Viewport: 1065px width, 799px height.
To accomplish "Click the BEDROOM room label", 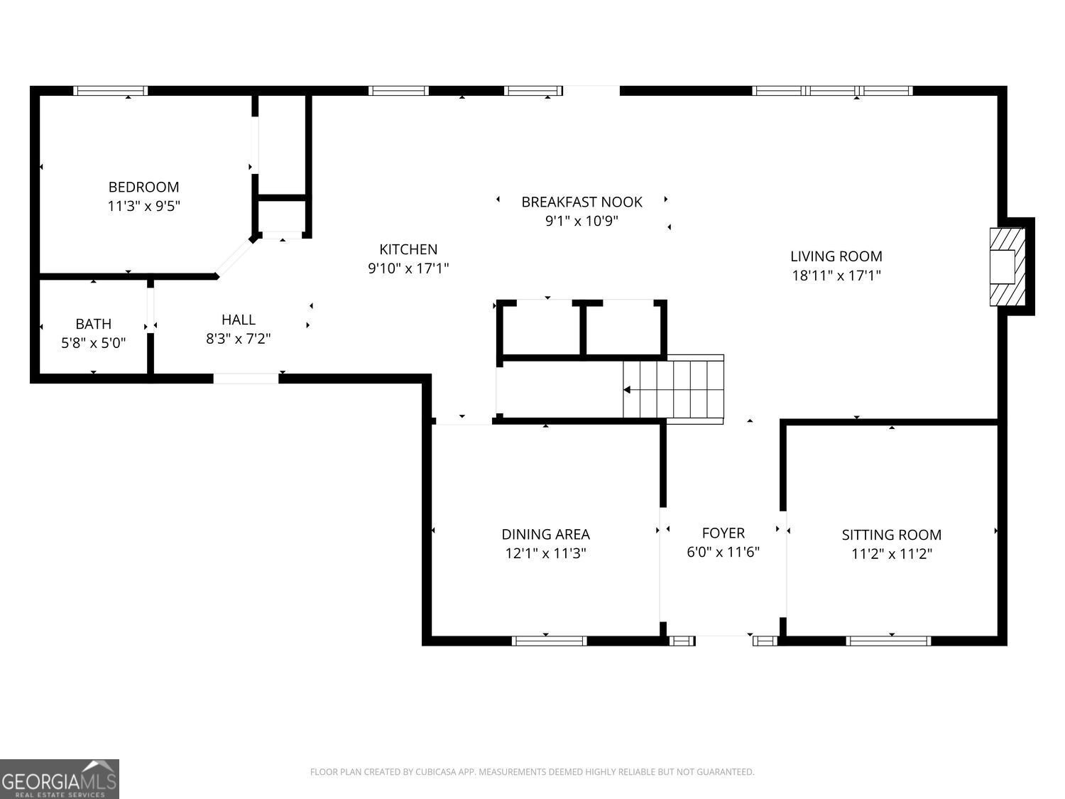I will coord(143,187).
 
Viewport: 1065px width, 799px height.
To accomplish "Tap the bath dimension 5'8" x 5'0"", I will coord(94,343).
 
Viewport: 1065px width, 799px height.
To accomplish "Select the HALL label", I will coord(239,320).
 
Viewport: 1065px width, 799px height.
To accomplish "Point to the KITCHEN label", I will coord(408,249).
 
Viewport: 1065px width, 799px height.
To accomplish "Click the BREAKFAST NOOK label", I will coord(581,202).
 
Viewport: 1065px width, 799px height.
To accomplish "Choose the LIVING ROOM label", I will coord(836,256).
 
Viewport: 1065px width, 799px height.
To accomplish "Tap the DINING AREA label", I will coord(545,534).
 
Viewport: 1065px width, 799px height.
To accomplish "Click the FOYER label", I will coord(723,533).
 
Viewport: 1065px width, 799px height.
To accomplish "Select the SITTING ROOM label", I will coord(891,535).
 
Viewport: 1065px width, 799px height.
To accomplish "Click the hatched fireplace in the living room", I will coord(1007,266).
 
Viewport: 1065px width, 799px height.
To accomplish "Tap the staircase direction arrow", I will coord(628,390).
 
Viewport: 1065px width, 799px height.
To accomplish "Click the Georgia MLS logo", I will coord(60,779).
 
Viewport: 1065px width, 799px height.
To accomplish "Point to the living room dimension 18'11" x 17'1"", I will coord(836,276).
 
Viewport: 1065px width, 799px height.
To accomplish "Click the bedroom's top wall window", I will coord(111,91).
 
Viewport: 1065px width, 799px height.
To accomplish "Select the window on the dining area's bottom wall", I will coord(549,641).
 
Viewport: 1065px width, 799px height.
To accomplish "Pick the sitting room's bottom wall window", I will coord(888,641).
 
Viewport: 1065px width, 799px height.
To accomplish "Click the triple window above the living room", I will coord(832,91).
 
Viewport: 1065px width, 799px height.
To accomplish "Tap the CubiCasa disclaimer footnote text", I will coord(532,772).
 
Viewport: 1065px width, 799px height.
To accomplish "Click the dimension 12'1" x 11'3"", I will coord(545,553).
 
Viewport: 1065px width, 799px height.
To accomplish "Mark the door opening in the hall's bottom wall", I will coord(246,379).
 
